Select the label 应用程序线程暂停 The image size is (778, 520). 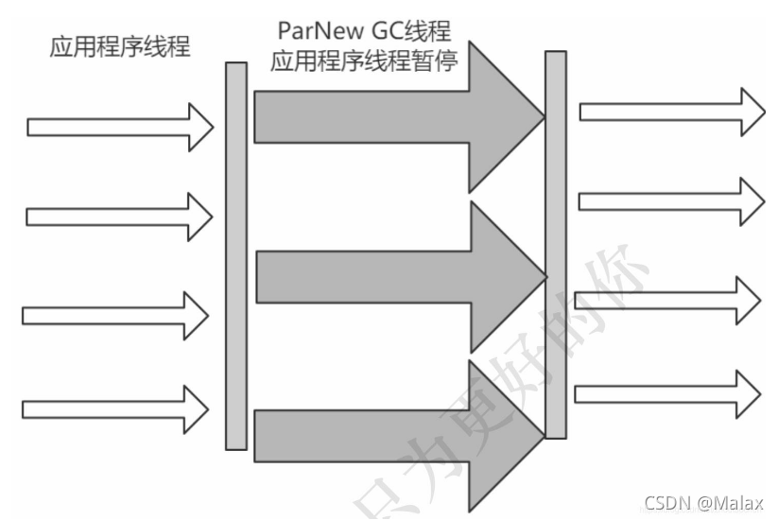(364, 62)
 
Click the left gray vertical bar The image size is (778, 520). (235, 255)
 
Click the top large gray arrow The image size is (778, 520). (397, 116)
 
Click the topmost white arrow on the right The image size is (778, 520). (671, 112)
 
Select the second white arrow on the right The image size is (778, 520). (670, 200)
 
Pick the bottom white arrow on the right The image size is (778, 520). (667, 393)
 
